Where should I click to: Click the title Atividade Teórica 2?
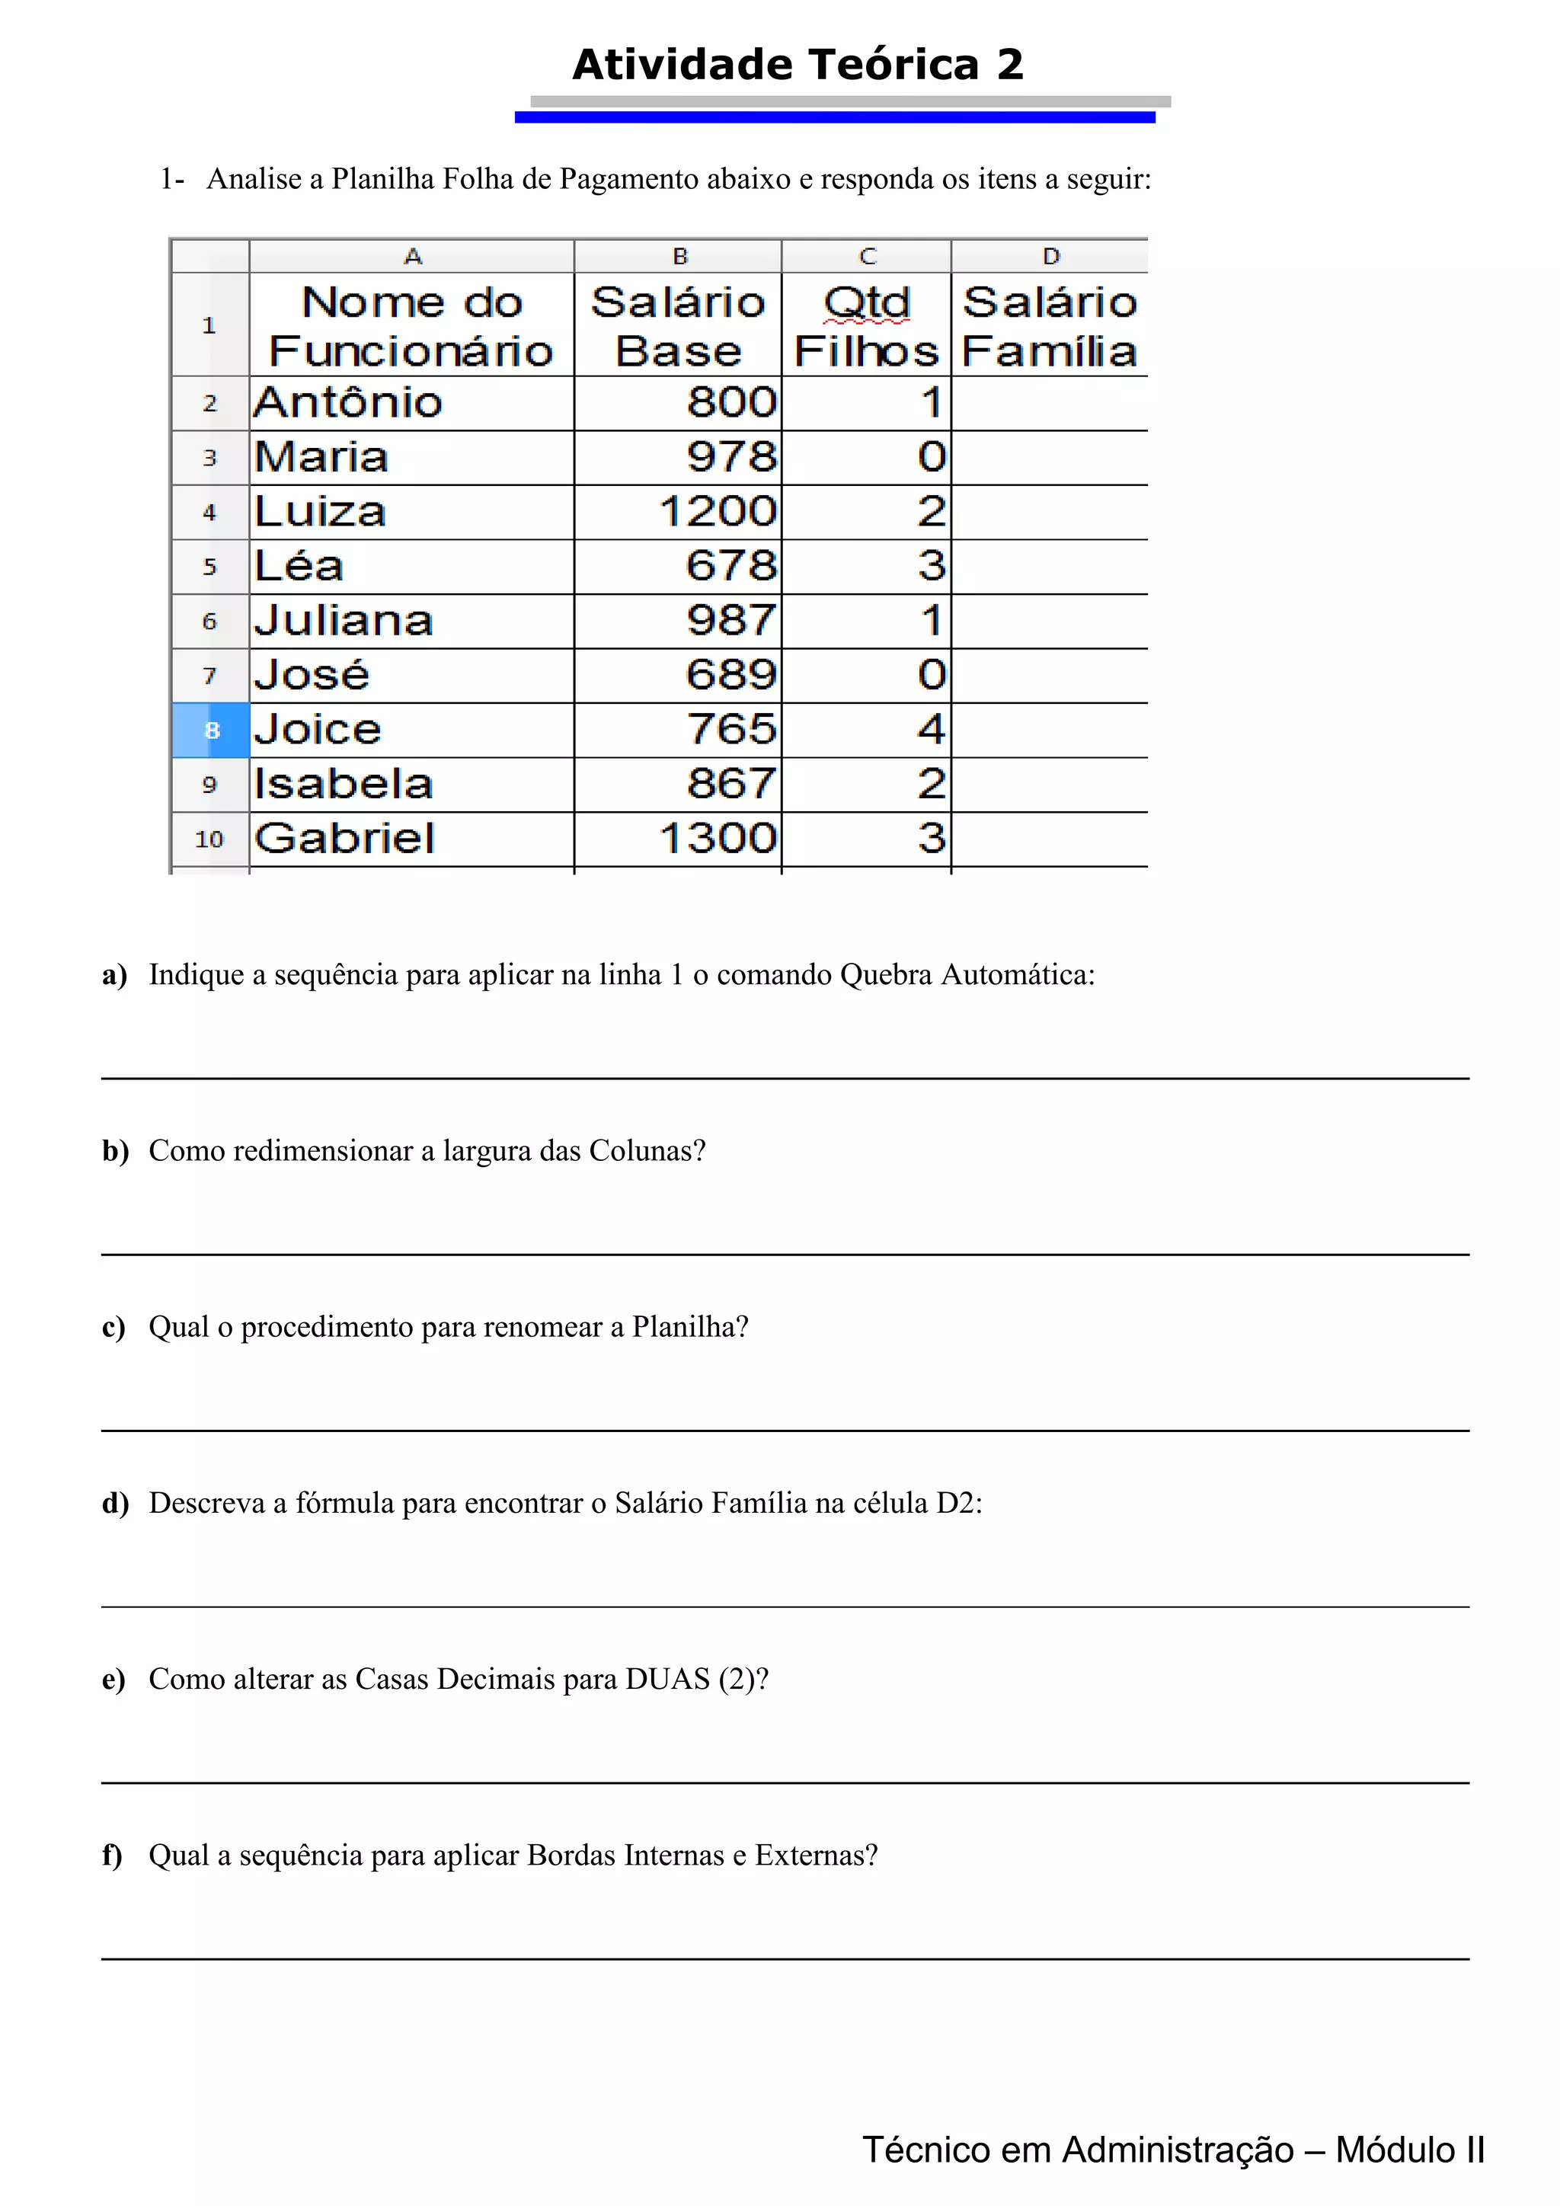(798, 66)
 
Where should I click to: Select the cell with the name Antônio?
(348, 402)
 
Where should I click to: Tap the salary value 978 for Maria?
(731, 457)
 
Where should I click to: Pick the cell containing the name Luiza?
(320, 512)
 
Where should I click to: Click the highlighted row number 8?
(211, 731)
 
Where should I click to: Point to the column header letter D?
(1051, 257)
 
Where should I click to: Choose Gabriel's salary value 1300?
(718, 839)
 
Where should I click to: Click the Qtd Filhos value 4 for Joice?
(931, 731)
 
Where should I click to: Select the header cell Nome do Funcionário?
(411, 327)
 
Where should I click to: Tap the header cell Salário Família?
(1049, 327)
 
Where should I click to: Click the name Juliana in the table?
(343, 622)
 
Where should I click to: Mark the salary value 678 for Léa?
(731, 567)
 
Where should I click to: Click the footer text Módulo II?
(1409, 2150)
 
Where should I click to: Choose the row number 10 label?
(209, 839)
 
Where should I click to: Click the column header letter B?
(680, 257)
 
